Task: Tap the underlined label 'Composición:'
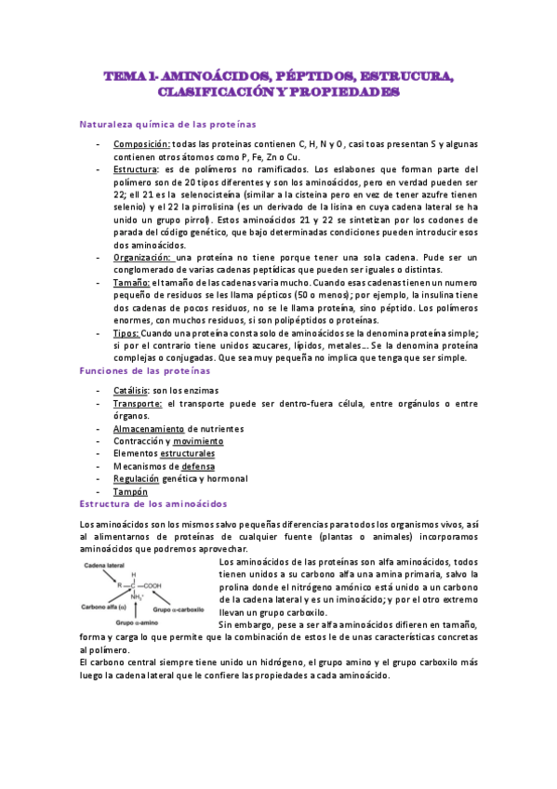pos(142,144)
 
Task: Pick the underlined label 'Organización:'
pos(143,257)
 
